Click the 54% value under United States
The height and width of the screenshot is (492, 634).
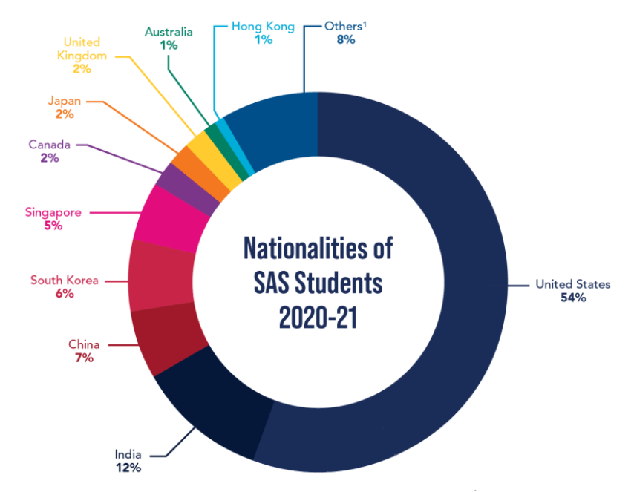[574, 298]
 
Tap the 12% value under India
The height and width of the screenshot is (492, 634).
[128, 468]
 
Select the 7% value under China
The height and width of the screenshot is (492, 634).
[83, 358]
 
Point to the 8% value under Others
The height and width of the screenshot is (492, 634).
[345, 40]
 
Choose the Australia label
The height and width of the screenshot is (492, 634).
[169, 32]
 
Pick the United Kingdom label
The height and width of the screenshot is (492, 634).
[82, 49]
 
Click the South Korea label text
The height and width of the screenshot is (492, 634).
[64, 280]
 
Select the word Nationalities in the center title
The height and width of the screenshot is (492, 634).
[318, 248]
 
